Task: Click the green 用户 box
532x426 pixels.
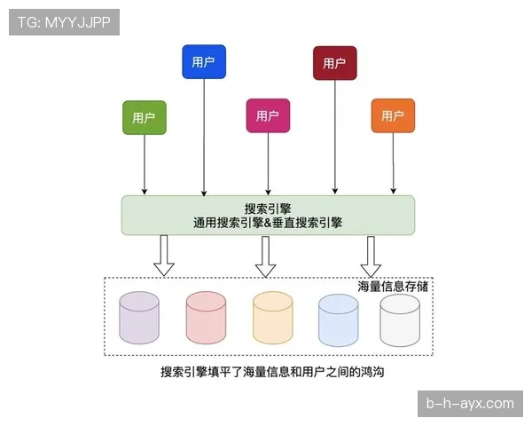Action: pyautogui.click(x=145, y=117)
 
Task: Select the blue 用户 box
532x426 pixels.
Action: pyautogui.click(x=204, y=62)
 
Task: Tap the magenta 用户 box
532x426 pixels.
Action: pyautogui.click(x=268, y=116)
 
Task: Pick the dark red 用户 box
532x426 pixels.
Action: pyautogui.click(x=334, y=63)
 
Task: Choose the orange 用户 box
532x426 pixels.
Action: pyautogui.click(x=393, y=116)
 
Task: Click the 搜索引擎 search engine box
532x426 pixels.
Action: pyautogui.click(x=268, y=215)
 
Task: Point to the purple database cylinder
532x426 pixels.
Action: pyautogui.click(x=139, y=318)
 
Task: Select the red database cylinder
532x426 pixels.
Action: pyautogui.click(x=206, y=318)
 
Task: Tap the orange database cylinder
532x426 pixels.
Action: pyautogui.click(x=272, y=318)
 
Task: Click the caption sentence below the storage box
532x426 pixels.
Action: pyautogui.click(x=272, y=373)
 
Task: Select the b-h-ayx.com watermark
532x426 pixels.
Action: pyautogui.click(x=470, y=404)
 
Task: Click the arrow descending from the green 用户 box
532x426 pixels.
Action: pyautogui.click(x=145, y=164)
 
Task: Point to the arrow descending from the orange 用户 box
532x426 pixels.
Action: pyautogui.click(x=393, y=164)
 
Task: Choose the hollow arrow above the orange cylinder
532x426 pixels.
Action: pyautogui.click(x=265, y=256)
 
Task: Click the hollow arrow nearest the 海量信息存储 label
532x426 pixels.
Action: pyautogui.click(x=371, y=256)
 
